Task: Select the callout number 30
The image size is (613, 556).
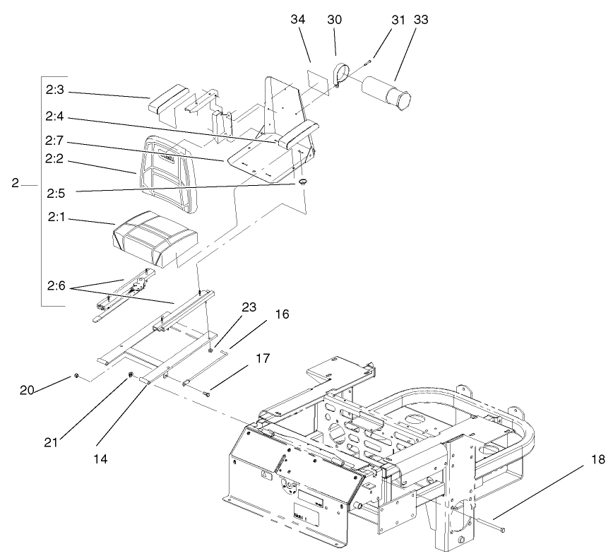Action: tap(335, 20)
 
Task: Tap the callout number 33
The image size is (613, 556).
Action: tap(401, 20)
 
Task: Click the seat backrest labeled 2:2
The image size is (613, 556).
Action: tap(167, 165)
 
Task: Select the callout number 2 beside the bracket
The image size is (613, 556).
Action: tap(14, 184)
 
